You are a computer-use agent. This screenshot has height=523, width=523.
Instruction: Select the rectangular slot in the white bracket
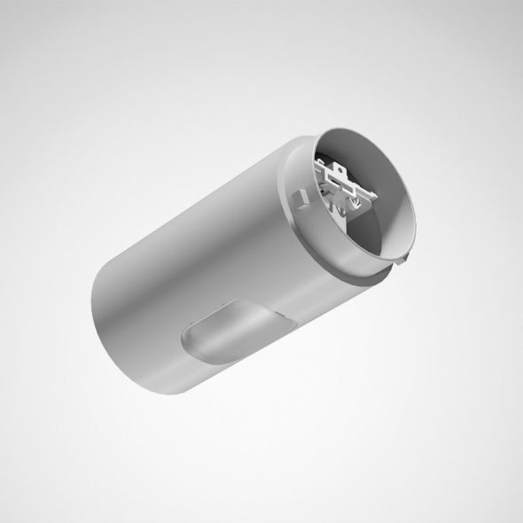coord(355,191)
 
